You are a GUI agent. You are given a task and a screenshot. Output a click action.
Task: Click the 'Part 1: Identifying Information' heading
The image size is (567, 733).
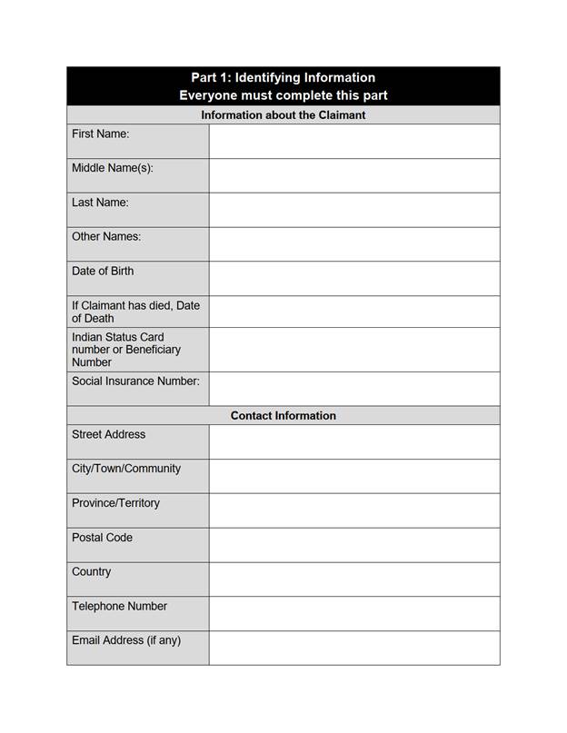click(283, 78)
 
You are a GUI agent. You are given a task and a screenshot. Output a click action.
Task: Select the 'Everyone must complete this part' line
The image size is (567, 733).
click(283, 95)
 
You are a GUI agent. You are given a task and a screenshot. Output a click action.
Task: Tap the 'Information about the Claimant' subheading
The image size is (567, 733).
click(283, 115)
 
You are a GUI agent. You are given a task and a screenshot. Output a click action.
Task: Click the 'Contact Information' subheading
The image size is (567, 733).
click(283, 415)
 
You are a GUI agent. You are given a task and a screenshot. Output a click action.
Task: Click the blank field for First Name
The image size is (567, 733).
click(353, 142)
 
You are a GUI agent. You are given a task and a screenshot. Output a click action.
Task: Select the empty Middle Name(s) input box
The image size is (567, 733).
click(353, 175)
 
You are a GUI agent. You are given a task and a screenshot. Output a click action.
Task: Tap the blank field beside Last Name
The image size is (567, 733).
click(353, 210)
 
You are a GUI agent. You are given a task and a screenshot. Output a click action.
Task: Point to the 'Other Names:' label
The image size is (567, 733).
click(106, 237)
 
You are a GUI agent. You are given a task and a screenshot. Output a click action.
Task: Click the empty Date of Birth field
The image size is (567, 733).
click(353, 278)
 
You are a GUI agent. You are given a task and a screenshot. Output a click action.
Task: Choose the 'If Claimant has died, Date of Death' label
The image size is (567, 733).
click(135, 312)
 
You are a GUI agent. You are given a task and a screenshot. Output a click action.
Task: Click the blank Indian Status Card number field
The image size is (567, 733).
click(353, 350)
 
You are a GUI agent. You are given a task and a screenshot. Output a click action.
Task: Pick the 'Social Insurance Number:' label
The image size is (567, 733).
click(135, 381)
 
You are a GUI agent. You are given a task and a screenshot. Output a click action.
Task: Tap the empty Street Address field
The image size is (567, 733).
click(353, 442)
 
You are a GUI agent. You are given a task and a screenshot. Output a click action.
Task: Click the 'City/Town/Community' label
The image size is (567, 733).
click(126, 469)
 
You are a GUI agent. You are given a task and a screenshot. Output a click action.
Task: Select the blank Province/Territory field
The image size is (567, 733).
click(353, 510)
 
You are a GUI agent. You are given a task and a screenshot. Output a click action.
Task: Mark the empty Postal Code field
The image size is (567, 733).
click(353, 545)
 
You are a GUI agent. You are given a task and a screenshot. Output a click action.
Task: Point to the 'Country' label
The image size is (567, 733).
click(92, 572)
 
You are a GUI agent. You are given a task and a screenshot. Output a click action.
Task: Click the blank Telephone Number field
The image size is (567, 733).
click(353, 613)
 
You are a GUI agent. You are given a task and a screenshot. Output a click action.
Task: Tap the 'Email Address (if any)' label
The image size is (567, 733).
click(126, 640)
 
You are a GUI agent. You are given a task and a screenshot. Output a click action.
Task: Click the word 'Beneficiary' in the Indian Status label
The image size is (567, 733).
click(153, 350)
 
